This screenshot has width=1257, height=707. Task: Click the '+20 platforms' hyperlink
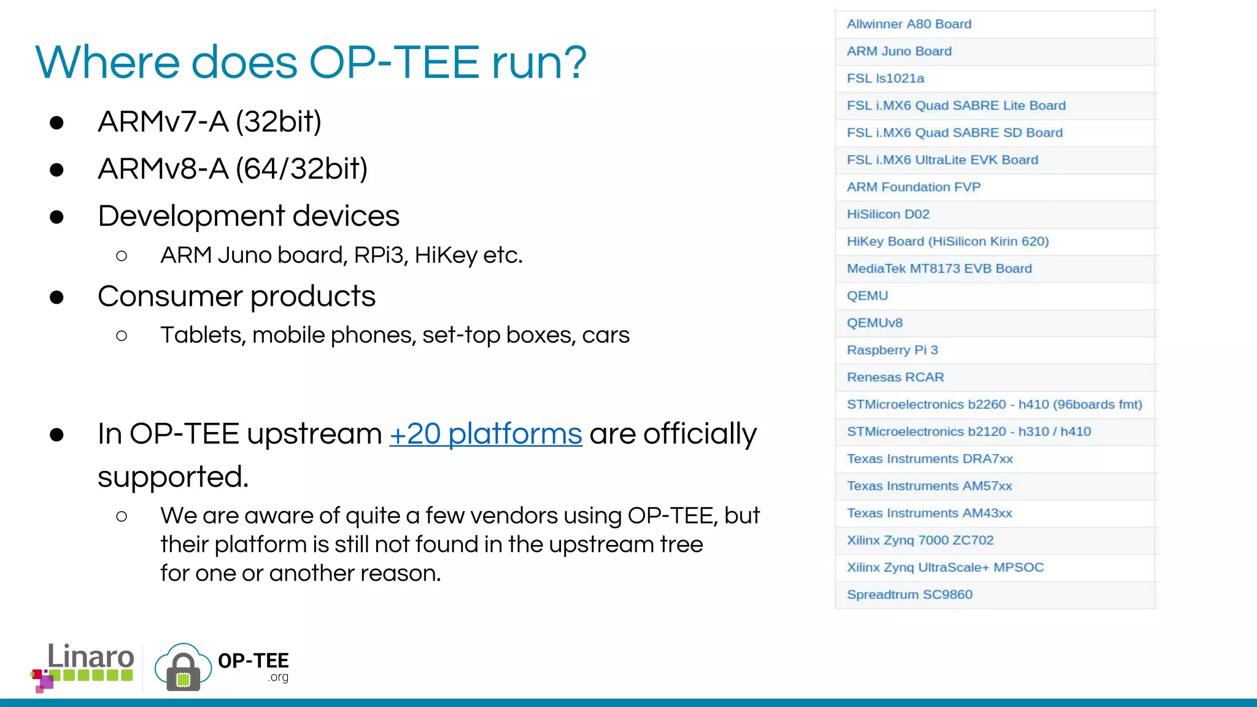coord(485,434)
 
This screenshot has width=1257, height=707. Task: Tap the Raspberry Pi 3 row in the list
coord(892,350)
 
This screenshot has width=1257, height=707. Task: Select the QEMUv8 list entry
coord(875,323)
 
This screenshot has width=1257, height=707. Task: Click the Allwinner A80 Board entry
coord(909,24)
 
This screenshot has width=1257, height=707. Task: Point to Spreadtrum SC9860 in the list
coord(910,594)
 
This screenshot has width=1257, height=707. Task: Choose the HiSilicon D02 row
coord(888,214)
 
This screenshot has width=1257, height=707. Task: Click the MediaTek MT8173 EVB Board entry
coord(939,268)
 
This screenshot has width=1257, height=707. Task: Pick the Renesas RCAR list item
coord(895,377)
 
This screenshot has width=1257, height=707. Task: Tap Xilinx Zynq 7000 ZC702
coord(920,540)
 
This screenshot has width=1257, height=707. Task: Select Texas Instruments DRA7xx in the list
coord(930,458)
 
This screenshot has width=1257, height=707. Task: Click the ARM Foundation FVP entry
coord(913,187)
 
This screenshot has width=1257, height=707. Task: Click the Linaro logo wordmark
coord(90,657)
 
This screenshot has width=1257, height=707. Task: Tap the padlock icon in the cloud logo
coord(183,672)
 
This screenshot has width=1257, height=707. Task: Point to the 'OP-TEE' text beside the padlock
coord(253,661)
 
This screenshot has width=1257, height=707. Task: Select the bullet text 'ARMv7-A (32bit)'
coord(209,122)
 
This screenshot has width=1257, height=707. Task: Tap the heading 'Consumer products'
coord(236,296)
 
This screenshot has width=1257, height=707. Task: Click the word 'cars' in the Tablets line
coord(605,335)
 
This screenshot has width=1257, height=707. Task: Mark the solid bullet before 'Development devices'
coord(57,217)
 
